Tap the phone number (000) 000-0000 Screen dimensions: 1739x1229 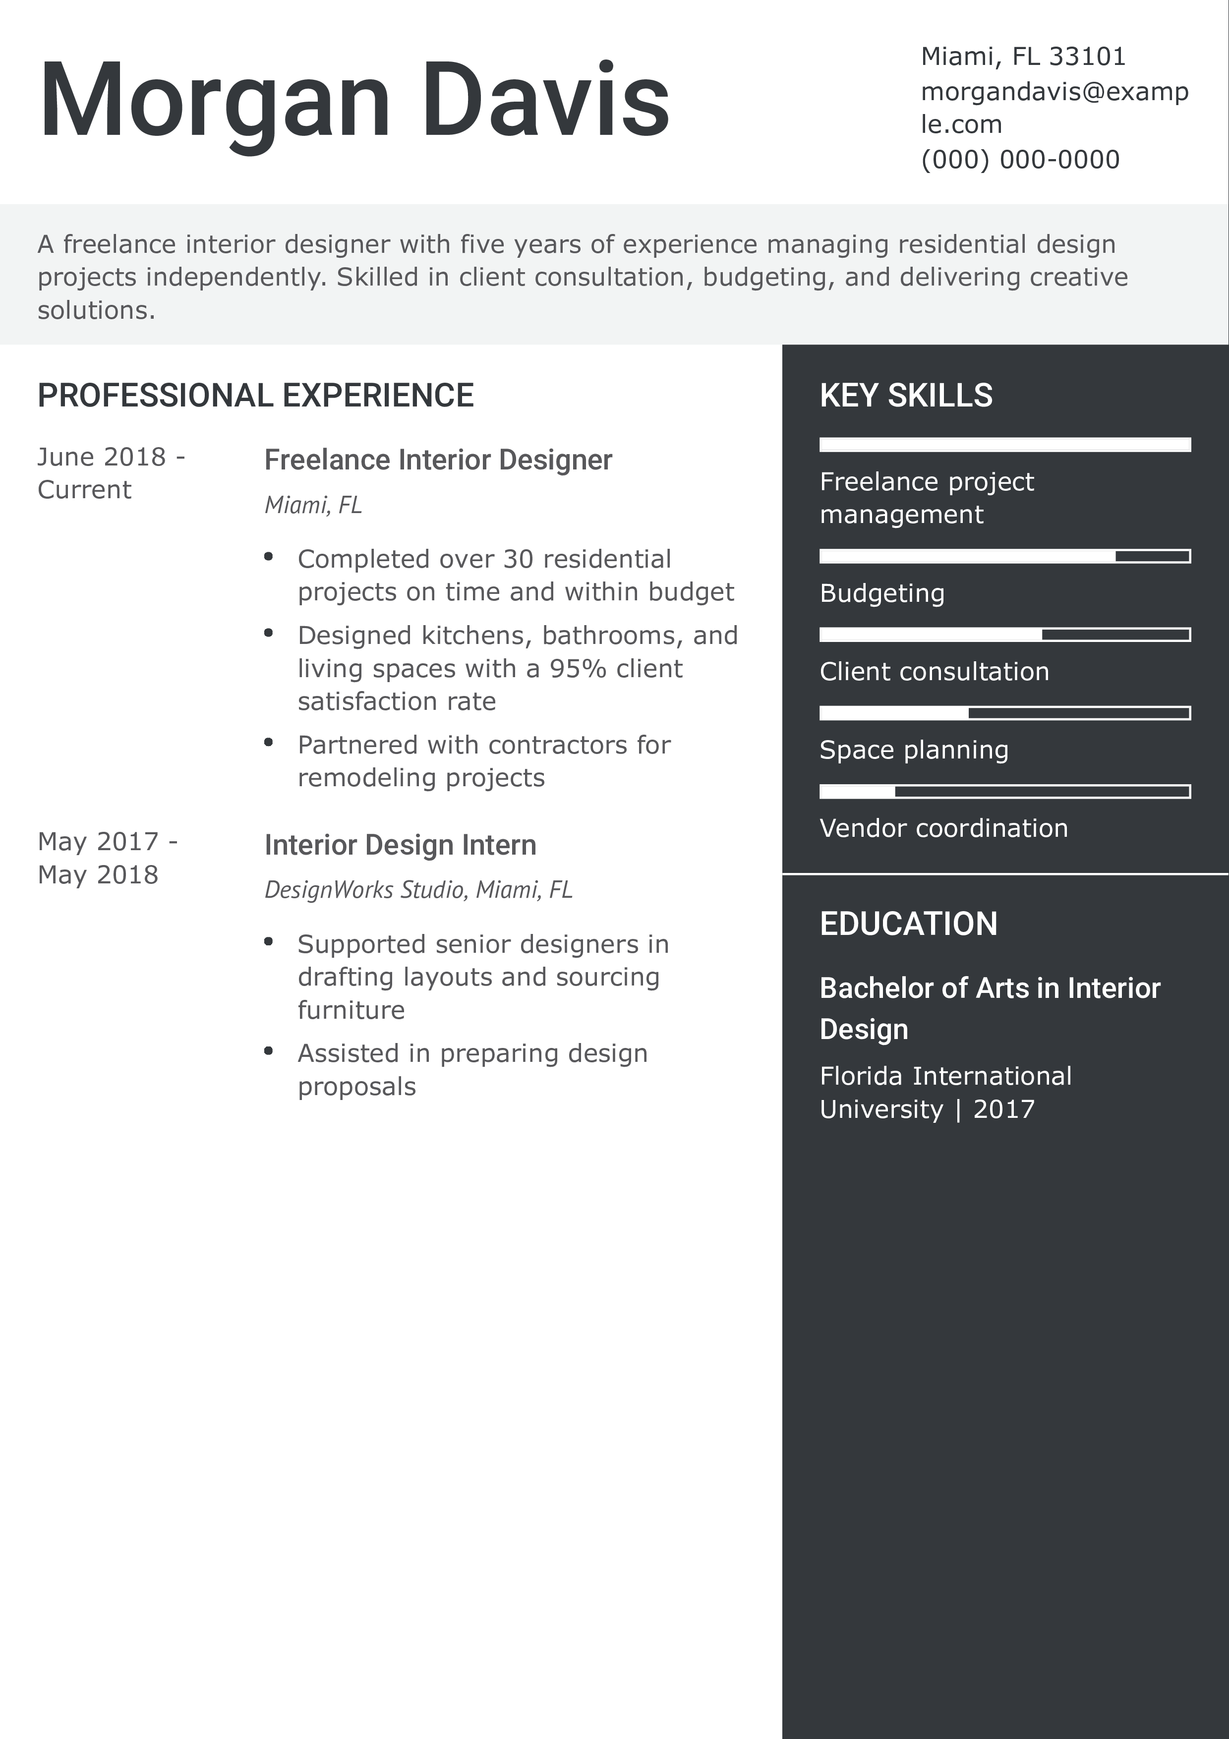coord(1019,160)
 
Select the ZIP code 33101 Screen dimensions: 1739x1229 coord(1087,56)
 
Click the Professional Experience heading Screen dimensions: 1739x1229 coord(255,396)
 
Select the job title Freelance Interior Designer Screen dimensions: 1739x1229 coord(438,460)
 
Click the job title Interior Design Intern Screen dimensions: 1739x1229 coord(400,845)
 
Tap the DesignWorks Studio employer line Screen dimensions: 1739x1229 coord(418,889)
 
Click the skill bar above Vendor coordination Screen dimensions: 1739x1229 coord(1004,792)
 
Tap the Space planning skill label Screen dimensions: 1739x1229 coord(913,750)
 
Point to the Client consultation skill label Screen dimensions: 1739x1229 coord(934,672)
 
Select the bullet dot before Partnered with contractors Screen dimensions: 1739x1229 coord(268,742)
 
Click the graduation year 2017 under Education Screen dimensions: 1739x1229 coord(1003,1109)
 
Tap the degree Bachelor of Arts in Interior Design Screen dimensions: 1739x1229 coord(989,1008)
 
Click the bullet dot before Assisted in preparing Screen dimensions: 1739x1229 coord(268,1050)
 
